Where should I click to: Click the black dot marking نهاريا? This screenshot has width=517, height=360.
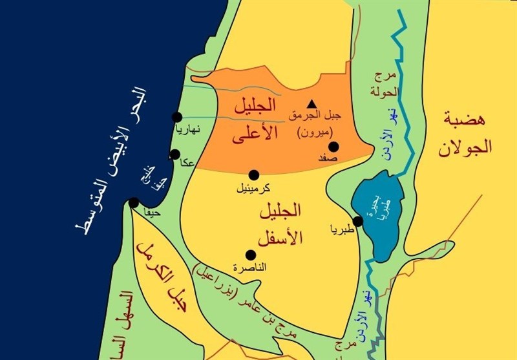[x=176, y=117]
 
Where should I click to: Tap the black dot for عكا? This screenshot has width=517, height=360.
[x=174, y=155]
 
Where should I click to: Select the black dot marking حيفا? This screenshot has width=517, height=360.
[x=134, y=202]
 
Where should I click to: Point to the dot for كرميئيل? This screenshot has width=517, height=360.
[x=254, y=175]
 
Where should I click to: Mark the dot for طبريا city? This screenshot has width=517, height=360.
[x=358, y=221]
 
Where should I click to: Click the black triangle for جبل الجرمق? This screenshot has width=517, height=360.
[x=312, y=104]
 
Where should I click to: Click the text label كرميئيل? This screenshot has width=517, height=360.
[x=253, y=189]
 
